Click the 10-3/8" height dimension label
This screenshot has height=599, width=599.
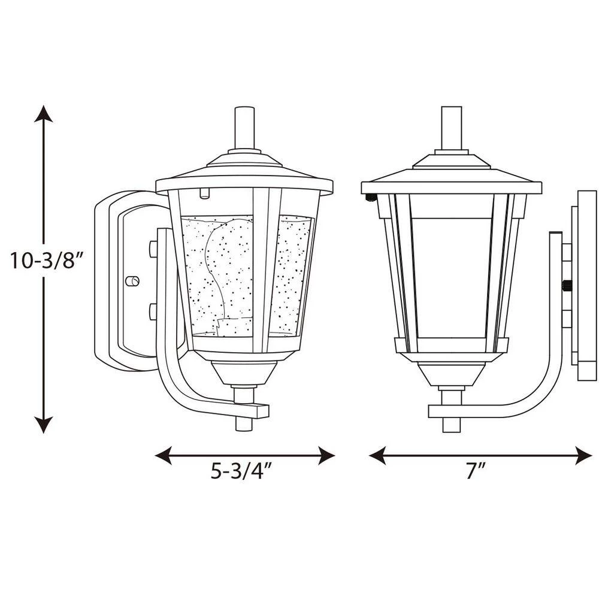click(46, 260)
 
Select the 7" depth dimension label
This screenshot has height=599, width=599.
click(475, 471)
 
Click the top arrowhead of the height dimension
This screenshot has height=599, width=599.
click(43, 113)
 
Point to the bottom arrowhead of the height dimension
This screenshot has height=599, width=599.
click(43, 425)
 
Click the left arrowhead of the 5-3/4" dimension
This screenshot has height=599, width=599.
click(163, 455)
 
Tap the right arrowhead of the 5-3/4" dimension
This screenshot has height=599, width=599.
click(326, 455)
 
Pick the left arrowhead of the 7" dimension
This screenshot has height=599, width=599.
click(377, 455)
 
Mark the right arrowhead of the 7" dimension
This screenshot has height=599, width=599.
click(583, 455)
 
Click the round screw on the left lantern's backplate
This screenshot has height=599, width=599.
click(132, 281)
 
